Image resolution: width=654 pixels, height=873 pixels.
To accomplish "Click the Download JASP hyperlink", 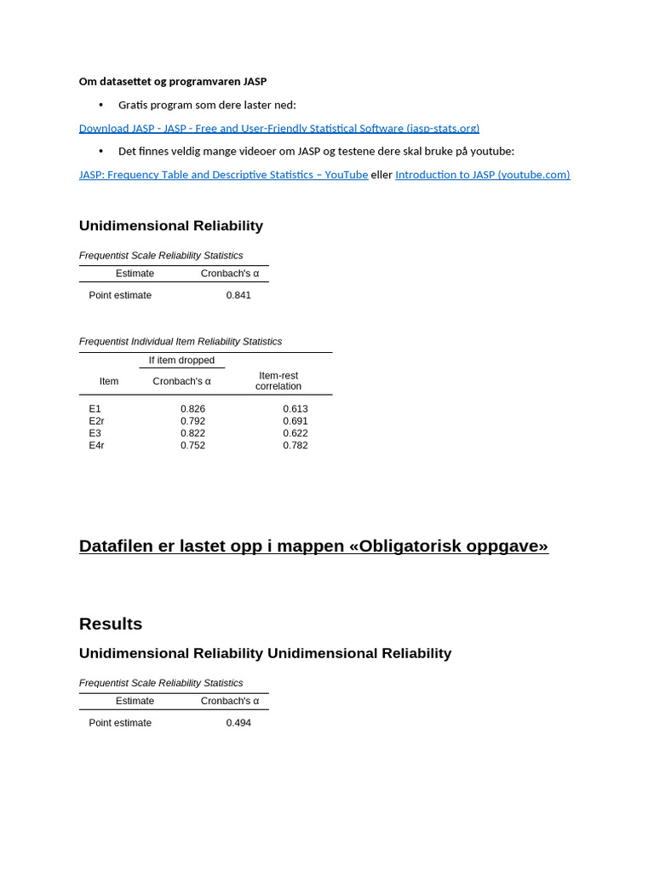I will coord(278,129).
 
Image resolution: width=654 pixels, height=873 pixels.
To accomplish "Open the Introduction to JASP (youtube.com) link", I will coord(482,175).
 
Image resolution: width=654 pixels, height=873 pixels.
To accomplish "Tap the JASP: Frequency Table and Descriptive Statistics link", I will coord(223,175).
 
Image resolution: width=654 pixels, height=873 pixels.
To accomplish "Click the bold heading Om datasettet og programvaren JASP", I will coord(173,82).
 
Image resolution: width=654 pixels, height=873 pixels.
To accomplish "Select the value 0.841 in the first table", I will coord(238,295).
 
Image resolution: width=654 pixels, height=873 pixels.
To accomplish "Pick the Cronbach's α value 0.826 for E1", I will coord(192,409).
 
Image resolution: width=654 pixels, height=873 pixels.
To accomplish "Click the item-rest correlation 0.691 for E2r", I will coord(295,421).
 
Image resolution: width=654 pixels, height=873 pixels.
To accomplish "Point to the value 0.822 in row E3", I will coord(192,433).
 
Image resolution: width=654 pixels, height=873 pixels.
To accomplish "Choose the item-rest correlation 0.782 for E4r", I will coord(295,445).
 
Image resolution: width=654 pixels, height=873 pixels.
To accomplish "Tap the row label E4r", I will coord(96,445).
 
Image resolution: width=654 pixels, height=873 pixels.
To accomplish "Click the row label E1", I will coord(95,409).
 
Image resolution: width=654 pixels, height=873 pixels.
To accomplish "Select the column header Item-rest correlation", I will coord(278,381).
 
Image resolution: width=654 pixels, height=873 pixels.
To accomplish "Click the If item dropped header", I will coord(181,361).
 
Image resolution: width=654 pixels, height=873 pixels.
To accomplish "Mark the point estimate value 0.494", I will coord(238,723).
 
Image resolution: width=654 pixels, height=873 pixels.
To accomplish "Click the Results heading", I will coord(111,624).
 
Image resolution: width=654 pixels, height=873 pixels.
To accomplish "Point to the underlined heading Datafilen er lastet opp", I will coord(313,546).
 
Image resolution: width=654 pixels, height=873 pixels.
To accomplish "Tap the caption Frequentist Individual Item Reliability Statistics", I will coord(181,342).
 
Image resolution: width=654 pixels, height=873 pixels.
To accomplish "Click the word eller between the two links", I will coord(381,175).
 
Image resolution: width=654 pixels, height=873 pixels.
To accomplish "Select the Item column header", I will coord(109,381).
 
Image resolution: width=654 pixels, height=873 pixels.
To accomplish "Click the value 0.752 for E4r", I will coord(192,445).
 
